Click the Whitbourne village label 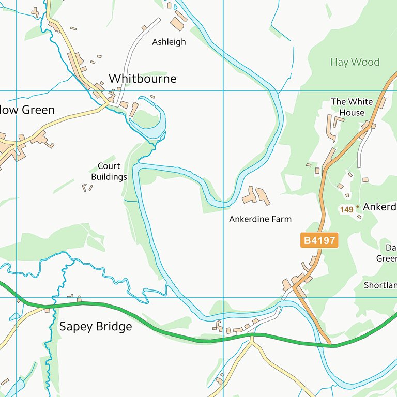[x=142, y=79]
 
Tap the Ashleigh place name [x=169, y=42]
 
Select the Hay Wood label [x=355, y=62]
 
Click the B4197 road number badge [x=319, y=240]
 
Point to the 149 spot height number [x=346, y=209]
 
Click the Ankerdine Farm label [x=260, y=219]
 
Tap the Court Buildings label [x=109, y=172]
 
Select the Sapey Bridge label [x=96, y=327]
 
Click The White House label [x=352, y=107]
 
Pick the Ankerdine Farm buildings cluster [x=256, y=195]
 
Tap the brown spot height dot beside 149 [x=357, y=207]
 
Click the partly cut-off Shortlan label [x=380, y=285]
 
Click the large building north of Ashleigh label [x=177, y=24]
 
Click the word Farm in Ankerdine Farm [x=282, y=219]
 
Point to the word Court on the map [x=109, y=166]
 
